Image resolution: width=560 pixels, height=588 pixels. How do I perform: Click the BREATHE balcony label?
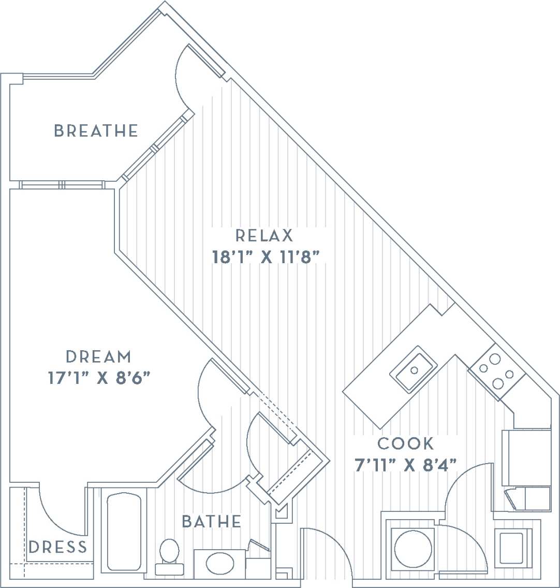(96, 131)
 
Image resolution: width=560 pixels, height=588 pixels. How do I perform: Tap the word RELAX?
(264, 236)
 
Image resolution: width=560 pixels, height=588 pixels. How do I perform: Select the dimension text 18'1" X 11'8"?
(264, 257)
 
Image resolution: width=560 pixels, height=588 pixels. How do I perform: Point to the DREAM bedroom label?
(99, 357)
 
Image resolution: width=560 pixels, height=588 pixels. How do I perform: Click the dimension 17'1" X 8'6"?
(99, 378)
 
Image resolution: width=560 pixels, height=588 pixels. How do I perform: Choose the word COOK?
(406, 444)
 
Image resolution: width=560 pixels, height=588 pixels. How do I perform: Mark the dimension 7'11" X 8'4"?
(406, 465)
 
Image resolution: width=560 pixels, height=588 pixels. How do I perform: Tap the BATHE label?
(212, 521)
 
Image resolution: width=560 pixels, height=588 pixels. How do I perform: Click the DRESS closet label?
(58, 547)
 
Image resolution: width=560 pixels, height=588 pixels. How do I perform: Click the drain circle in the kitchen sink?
(414, 370)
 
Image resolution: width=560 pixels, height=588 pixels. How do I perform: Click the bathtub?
(124, 531)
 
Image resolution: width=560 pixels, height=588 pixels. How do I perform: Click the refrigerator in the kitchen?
(525, 456)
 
